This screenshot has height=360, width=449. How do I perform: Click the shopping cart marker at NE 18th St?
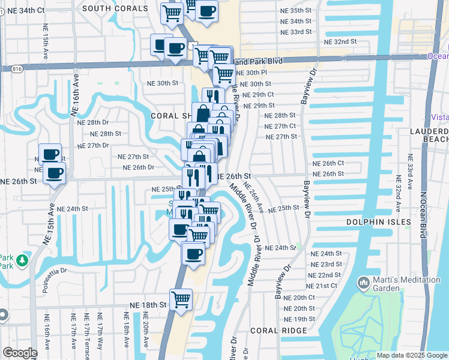tap(180, 299)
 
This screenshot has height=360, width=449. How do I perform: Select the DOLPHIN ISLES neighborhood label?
tap(379, 222)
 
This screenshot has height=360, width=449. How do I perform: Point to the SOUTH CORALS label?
tap(115, 8)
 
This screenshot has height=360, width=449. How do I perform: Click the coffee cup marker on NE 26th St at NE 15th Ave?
tap(54, 174)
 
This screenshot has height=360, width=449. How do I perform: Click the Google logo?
tap(20, 353)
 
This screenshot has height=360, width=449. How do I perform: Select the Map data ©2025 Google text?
tap(411, 355)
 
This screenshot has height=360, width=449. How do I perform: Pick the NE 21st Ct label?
tap(328, 286)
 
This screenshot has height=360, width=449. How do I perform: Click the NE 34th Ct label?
tap(24, 10)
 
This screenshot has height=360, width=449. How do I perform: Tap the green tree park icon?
tap(22, 260)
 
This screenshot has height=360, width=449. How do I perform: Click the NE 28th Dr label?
tap(92, 122)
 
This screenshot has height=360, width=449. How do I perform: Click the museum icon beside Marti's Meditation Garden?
tap(363, 281)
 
